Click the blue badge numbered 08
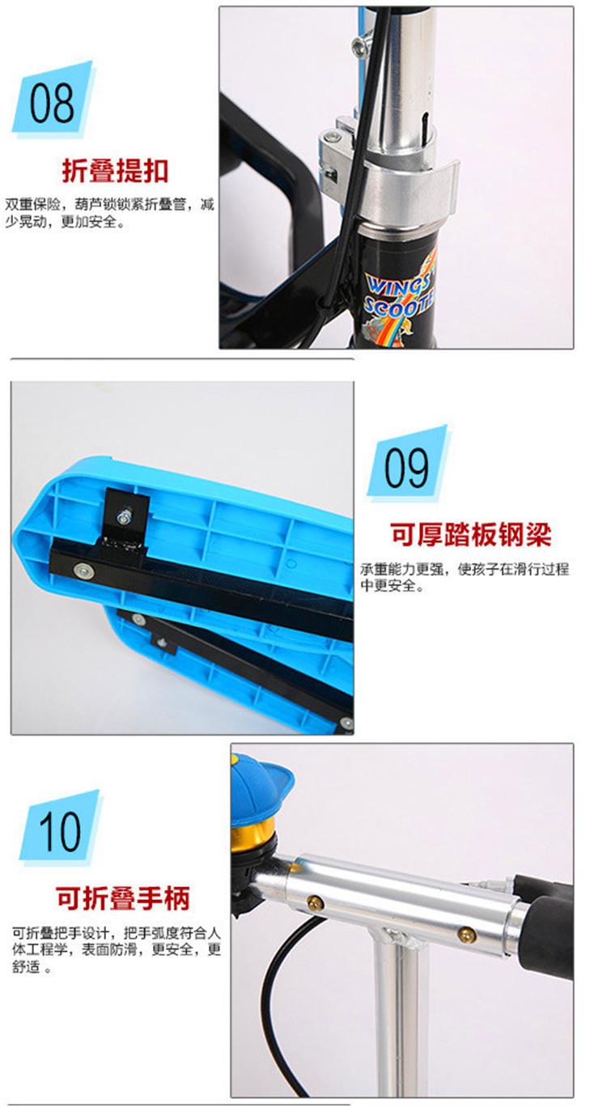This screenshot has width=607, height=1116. pos(53,100)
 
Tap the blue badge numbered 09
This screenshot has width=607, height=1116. pos(409,463)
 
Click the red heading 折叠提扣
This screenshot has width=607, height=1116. pos(115,171)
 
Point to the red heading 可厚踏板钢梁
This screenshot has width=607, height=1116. pos(470,535)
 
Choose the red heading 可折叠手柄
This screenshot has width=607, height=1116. pos(122,898)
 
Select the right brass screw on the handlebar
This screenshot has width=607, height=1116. pos(467,934)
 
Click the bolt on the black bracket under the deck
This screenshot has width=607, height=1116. pos(125,516)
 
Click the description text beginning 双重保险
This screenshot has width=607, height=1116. pos(109,213)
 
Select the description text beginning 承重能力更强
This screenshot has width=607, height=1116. pos(465,577)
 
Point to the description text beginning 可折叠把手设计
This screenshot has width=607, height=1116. pos(116,948)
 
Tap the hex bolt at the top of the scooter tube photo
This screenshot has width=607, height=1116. pos(359,46)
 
